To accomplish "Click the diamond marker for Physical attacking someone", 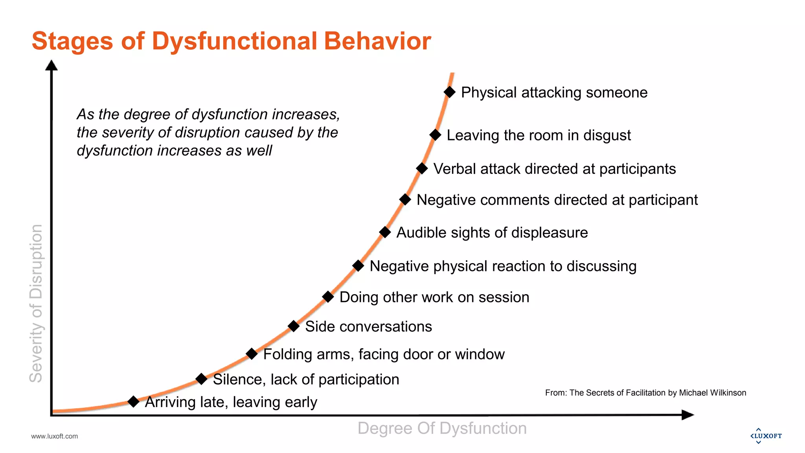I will click(449, 92).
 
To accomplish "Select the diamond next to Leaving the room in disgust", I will click(435, 135).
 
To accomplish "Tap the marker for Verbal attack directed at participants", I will click(422, 168).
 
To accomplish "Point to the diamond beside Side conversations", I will click(294, 326).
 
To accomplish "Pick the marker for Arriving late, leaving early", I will click(134, 401).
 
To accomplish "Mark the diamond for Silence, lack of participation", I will click(201, 379).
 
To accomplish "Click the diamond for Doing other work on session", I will click(328, 297).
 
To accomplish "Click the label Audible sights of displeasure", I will click(492, 233).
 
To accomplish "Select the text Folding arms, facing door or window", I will click(384, 354).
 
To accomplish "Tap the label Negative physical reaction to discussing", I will click(503, 266).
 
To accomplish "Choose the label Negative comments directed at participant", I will click(557, 200).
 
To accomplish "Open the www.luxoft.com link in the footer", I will click(54, 436).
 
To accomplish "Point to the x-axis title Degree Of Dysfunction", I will click(442, 428).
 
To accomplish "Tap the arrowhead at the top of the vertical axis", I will click(51, 65).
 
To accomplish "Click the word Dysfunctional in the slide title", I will click(234, 41).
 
